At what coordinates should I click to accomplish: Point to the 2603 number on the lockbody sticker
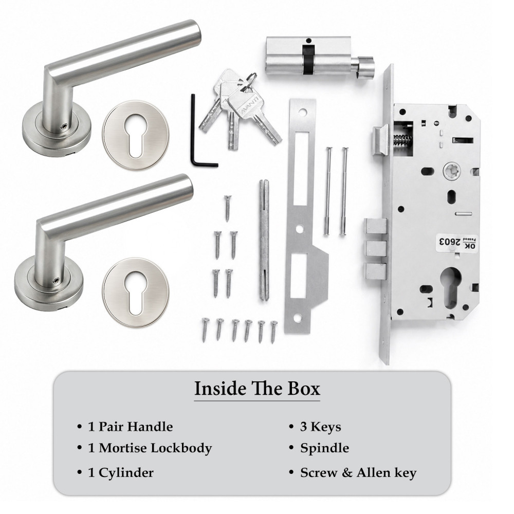[448, 242]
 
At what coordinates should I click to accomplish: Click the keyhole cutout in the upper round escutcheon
[135, 135]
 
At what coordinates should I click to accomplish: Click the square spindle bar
[264, 240]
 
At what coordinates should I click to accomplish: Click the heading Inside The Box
[257, 389]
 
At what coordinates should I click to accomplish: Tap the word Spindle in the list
[324, 448]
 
